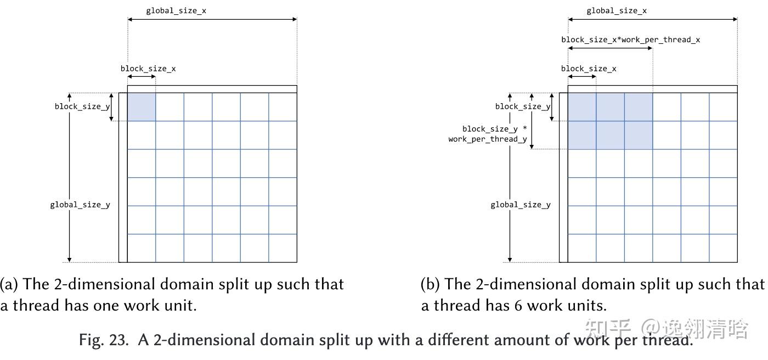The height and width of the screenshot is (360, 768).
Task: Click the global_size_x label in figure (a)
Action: [176, 11]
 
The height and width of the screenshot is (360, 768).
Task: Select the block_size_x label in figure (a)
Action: [148, 69]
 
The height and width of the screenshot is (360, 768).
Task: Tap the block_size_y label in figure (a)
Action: [82, 106]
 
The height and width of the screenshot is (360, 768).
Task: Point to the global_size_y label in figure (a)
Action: [80, 205]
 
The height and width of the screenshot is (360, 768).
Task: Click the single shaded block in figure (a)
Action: [142, 107]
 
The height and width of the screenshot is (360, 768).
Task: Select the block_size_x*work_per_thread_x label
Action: [630, 40]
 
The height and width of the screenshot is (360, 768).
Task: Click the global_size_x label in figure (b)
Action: [617, 11]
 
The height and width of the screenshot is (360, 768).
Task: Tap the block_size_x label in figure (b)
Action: [589, 69]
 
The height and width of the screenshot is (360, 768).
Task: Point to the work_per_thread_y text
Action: [487, 139]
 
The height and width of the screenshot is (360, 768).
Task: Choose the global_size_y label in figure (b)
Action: [521, 205]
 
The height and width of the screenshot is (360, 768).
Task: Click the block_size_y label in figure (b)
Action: [522, 106]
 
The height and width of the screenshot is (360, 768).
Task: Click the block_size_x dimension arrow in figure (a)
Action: [142, 77]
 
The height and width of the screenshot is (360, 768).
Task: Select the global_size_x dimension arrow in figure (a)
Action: [212, 20]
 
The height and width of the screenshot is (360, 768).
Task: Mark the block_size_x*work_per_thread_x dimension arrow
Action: [610, 48]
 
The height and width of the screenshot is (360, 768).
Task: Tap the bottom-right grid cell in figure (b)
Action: [723, 248]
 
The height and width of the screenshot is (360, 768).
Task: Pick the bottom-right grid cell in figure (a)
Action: [283, 248]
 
